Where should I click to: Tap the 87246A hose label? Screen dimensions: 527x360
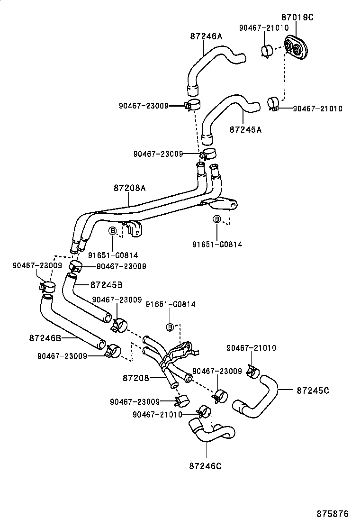(206, 36)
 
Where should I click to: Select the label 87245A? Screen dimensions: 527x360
(245, 128)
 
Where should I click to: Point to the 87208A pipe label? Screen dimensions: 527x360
(129, 188)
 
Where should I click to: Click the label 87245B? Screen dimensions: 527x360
(106, 285)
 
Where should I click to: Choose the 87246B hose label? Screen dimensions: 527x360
(45, 338)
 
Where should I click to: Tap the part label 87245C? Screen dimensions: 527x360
(313, 391)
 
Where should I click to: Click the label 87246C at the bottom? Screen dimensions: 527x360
(204, 465)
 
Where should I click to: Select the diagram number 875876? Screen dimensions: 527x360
(333, 514)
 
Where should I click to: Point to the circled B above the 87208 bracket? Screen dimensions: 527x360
(170, 327)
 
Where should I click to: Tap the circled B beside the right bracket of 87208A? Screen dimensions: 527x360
(216, 219)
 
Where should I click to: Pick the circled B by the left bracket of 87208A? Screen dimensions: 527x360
(113, 231)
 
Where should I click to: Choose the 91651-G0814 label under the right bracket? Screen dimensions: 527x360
(217, 244)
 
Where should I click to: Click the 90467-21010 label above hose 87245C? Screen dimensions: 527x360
(251, 348)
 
